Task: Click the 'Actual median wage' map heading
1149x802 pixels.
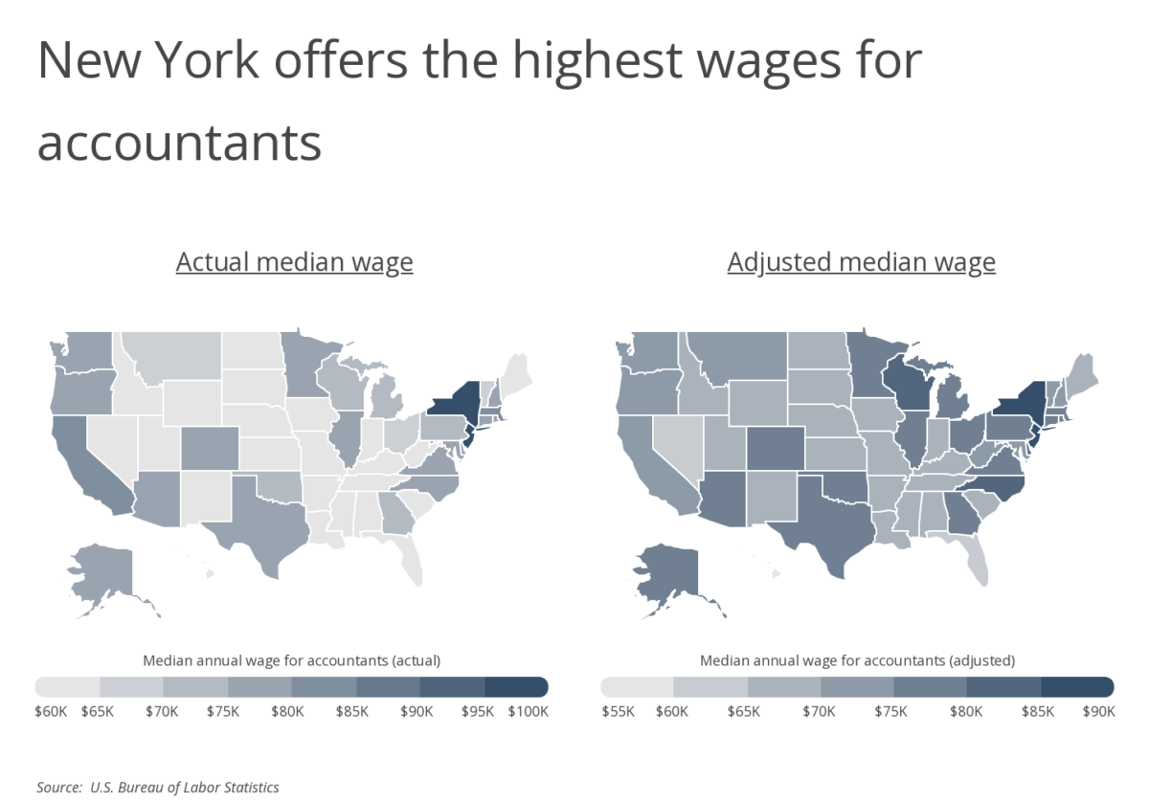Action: pyautogui.click(x=294, y=262)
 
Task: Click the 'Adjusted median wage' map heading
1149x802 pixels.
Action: pyautogui.click(x=861, y=262)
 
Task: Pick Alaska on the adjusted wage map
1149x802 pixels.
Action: pyautogui.click(x=665, y=574)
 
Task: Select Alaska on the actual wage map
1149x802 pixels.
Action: pyautogui.click(x=101, y=574)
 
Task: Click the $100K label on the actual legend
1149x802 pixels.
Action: pyautogui.click(x=528, y=712)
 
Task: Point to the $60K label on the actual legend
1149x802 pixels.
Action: pyautogui.click(x=51, y=712)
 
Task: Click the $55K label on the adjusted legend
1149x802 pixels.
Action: pyautogui.click(x=617, y=712)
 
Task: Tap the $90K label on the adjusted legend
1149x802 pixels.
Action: pyautogui.click(x=1097, y=712)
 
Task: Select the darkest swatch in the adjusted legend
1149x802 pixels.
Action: pyautogui.click(x=1076, y=686)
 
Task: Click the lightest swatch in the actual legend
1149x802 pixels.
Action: pyautogui.click(x=68, y=686)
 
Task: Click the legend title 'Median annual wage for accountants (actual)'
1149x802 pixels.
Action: pyautogui.click(x=291, y=660)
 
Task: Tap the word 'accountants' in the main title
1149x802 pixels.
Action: pyautogui.click(x=179, y=143)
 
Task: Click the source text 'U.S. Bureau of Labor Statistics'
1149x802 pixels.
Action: pyautogui.click(x=185, y=788)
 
